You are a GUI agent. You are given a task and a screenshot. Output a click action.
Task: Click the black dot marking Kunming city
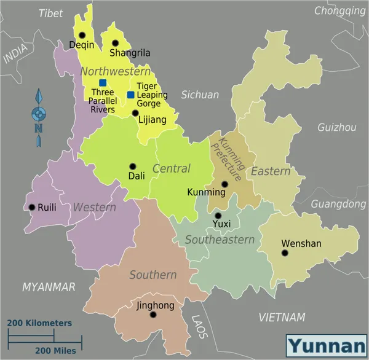(x=224, y=184)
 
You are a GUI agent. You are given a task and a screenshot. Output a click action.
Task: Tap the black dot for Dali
(x=132, y=166)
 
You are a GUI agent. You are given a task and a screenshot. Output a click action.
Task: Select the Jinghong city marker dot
(x=153, y=315)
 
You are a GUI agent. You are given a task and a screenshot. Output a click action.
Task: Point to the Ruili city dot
(x=32, y=207)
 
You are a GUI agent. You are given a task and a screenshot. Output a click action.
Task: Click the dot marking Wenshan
(x=285, y=252)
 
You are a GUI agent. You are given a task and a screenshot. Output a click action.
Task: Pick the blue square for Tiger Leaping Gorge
(x=130, y=95)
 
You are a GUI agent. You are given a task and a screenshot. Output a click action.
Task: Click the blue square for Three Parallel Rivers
(x=103, y=82)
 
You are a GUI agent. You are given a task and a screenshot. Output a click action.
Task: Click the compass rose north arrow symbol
(x=39, y=117)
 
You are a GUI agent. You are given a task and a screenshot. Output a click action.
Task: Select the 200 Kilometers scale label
(x=39, y=323)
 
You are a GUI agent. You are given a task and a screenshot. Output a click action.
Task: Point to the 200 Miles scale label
(x=55, y=350)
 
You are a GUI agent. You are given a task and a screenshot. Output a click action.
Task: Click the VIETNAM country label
(x=282, y=317)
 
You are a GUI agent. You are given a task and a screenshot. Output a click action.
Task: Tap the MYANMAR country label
(x=49, y=287)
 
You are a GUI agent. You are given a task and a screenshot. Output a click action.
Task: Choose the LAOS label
(x=198, y=327)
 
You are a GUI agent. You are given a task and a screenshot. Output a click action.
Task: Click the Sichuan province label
(x=200, y=95)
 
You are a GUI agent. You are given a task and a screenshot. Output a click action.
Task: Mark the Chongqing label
(x=339, y=10)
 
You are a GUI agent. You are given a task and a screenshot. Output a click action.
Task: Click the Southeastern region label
(x=220, y=240)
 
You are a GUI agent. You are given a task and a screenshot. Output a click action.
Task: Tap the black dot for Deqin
(x=81, y=35)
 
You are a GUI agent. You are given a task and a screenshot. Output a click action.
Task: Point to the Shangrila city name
(x=130, y=53)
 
